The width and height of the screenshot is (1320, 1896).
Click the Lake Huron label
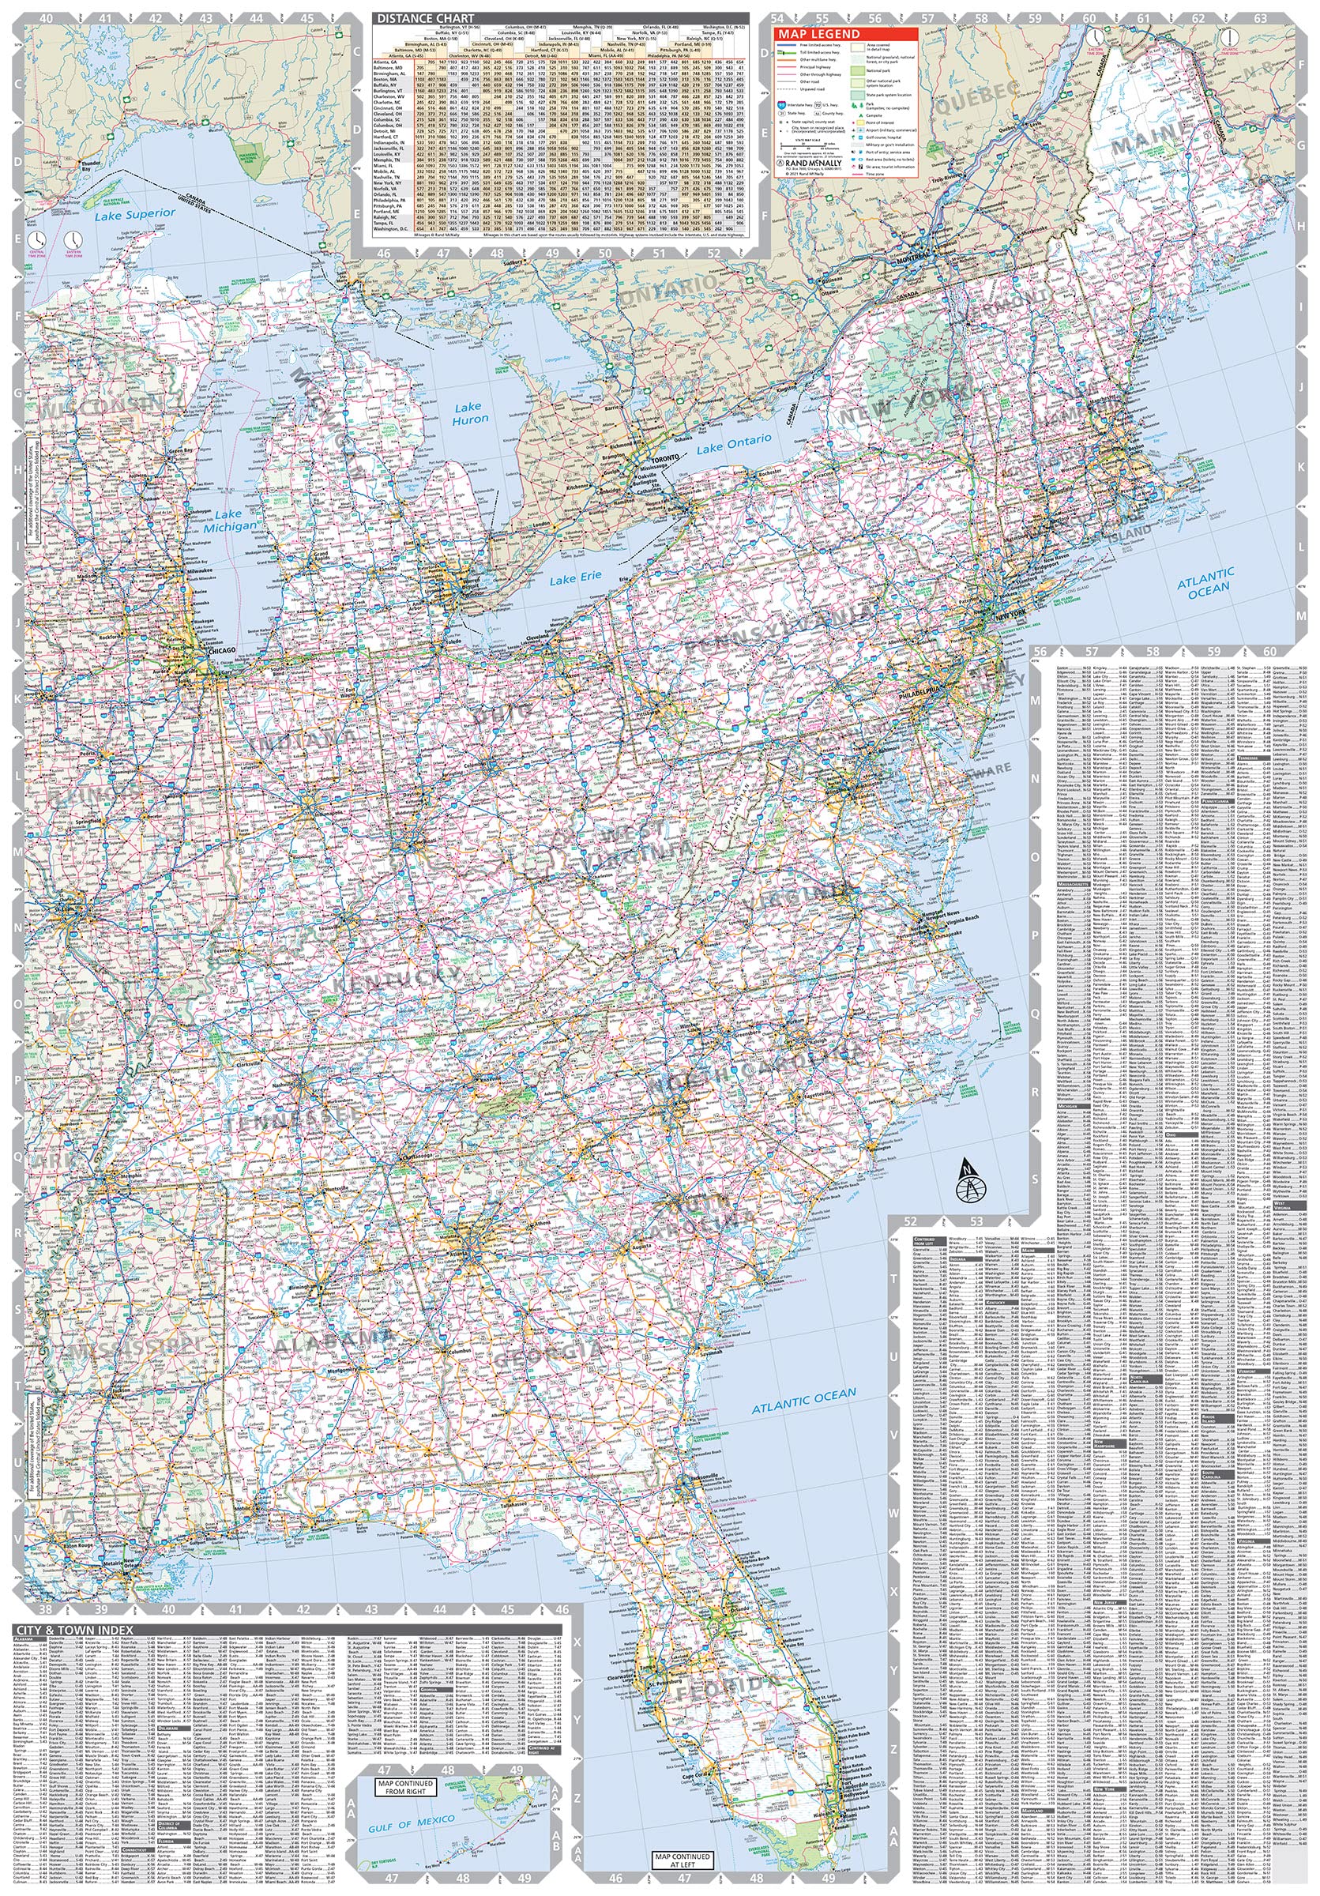click(x=470, y=413)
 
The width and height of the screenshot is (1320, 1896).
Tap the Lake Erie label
click(x=575, y=577)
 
